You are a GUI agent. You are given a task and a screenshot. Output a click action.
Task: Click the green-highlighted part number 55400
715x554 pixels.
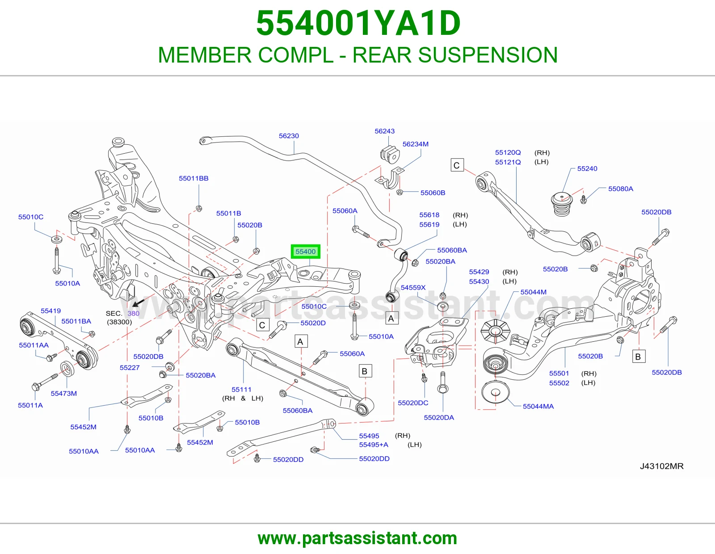tap(305, 252)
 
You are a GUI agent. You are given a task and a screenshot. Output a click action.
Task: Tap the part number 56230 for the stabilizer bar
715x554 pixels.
tap(289, 136)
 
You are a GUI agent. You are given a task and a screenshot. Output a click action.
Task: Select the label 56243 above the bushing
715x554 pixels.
tap(384, 131)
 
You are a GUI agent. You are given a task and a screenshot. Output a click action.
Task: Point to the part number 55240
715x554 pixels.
tap(587, 169)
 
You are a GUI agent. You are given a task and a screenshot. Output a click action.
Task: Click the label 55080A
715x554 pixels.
tap(621, 189)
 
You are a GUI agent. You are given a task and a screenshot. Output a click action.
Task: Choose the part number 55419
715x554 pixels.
tap(50, 311)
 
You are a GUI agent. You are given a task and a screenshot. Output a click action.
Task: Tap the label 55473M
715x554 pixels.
tap(64, 394)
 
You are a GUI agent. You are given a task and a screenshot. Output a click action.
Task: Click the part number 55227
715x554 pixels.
tap(130, 368)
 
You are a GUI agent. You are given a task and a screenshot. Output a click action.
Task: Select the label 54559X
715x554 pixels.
tap(413, 288)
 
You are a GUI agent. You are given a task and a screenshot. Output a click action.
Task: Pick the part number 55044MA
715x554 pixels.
tap(538, 407)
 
